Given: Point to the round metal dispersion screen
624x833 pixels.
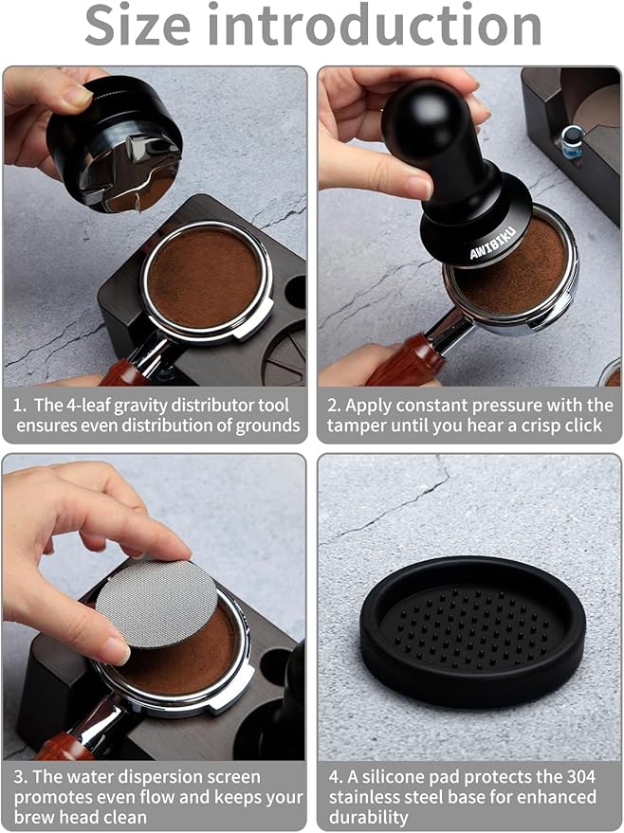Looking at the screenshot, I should pos(156,603).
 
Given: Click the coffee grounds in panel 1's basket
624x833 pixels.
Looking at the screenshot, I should pos(203,277).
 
